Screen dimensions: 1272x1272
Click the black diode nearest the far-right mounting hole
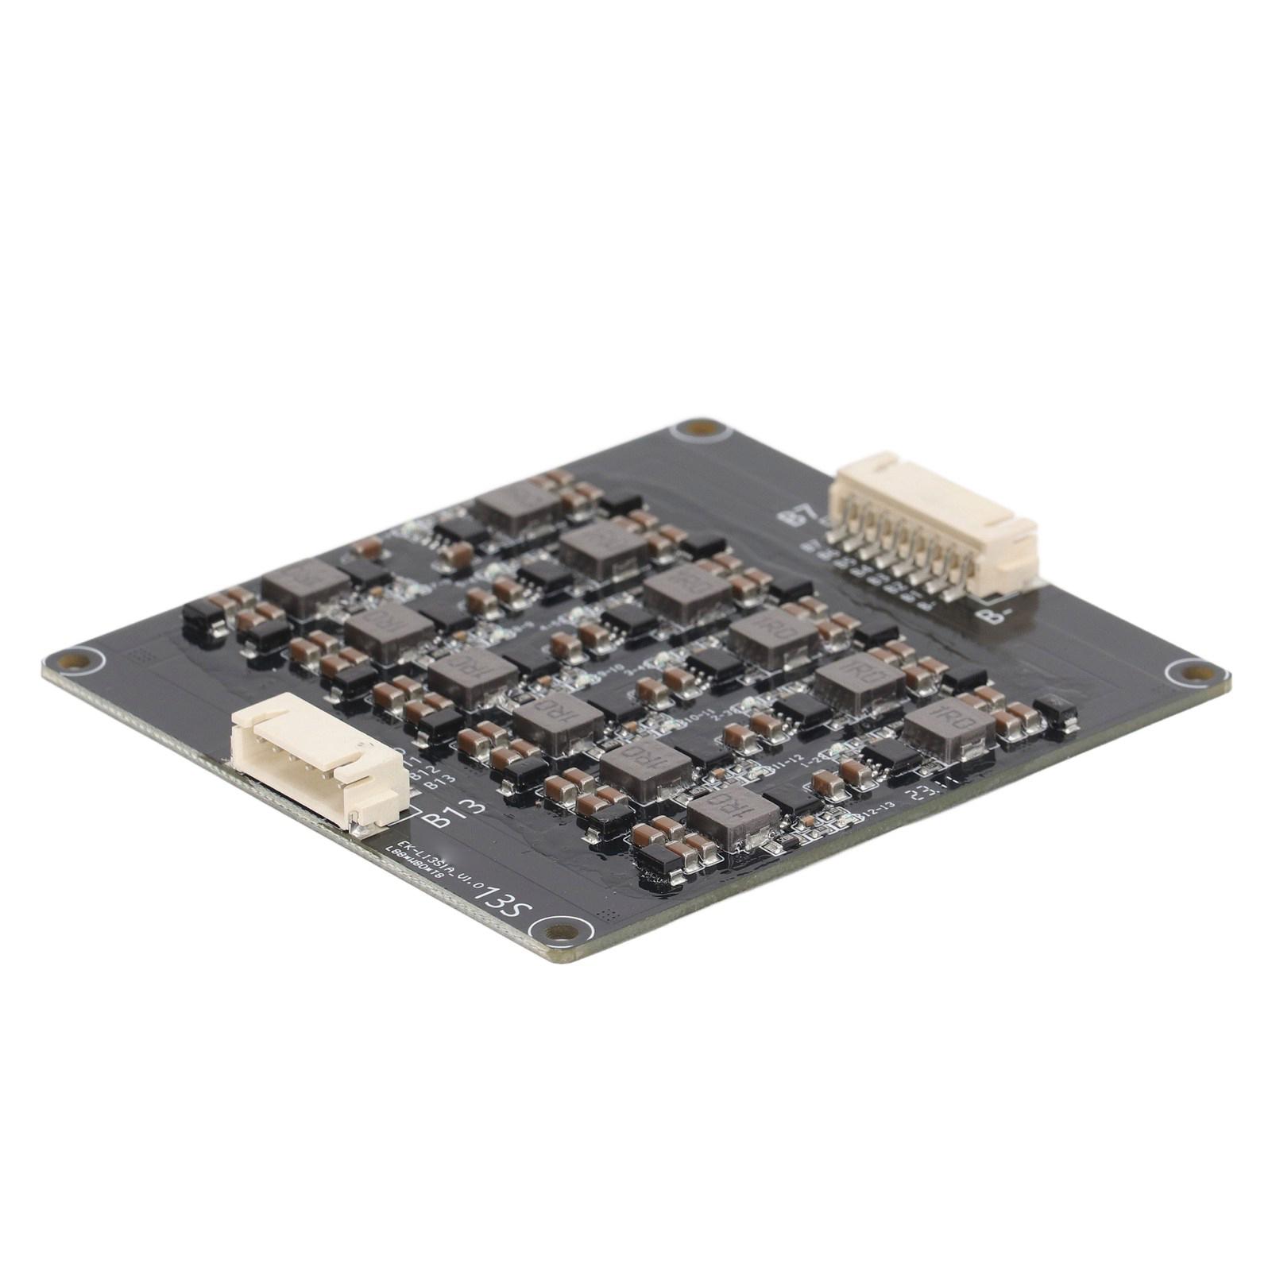tap(1057, 713)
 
